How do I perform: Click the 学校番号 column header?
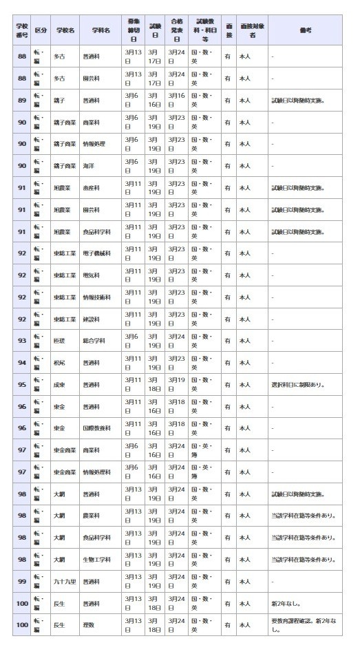[x=22, y=30]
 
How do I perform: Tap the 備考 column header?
[x=305, y=30]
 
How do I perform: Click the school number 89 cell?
[x=22, y=100]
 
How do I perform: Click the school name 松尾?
[x=61, y=363]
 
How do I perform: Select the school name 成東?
[x=61, y=385]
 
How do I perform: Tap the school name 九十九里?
[x=66, y=582]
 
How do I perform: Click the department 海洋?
[x=88, y=166]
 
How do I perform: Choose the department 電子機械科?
[x=96, y=253]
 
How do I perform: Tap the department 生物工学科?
[x=96, y=560]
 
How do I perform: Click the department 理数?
[x=88, y=625]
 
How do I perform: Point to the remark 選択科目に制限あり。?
[x=297, y=385]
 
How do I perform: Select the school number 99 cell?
[x=22, y=582]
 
